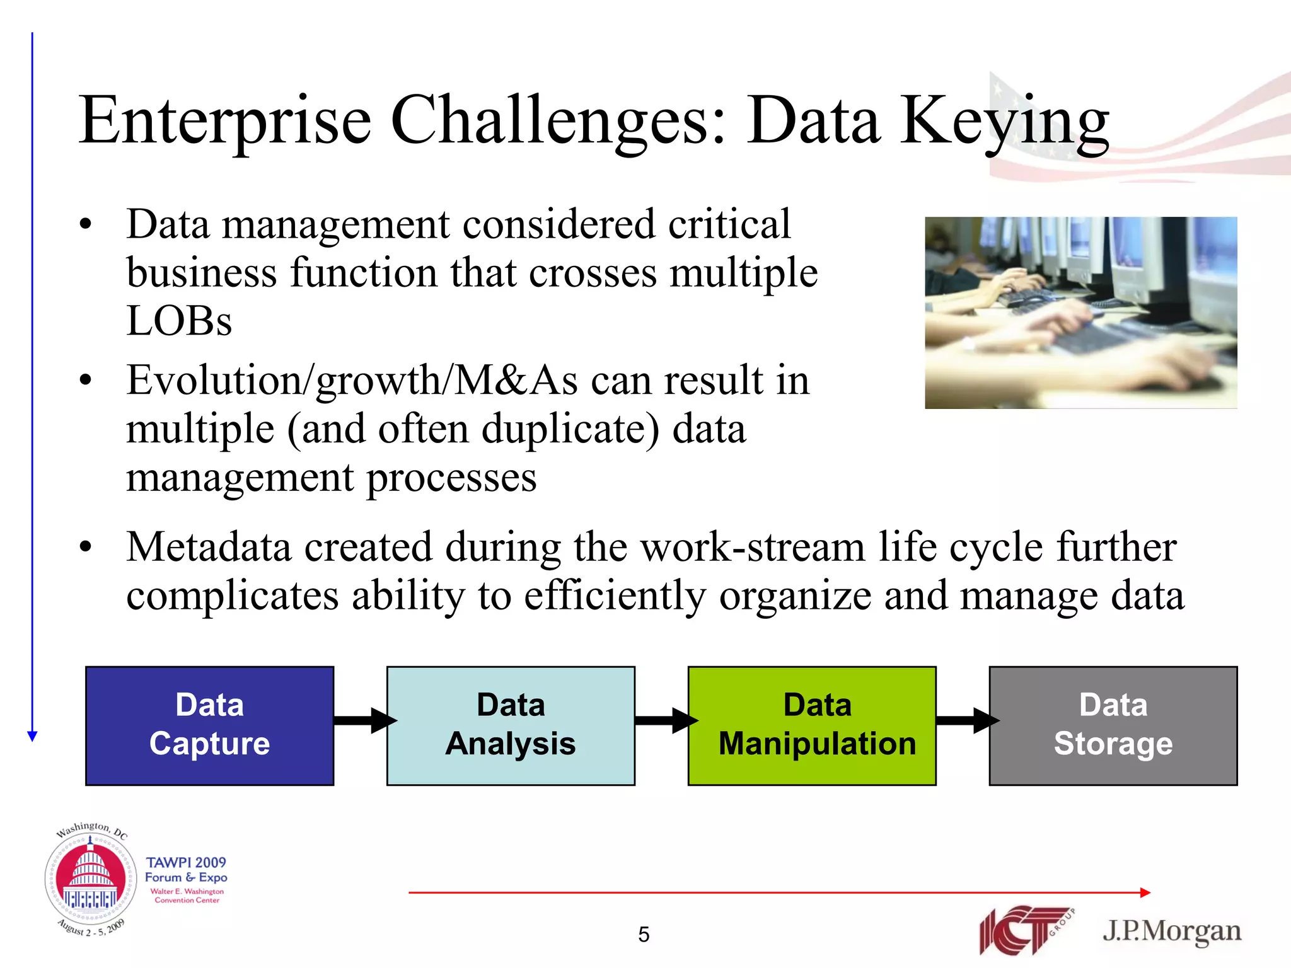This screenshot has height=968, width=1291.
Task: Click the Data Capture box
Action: click(x=209, y=725)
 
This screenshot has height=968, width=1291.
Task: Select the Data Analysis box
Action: click(x=511, y=725)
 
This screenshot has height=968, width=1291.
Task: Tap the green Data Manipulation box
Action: click(x=812, y=725)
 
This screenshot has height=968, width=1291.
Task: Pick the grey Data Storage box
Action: click(x=1113, y=725)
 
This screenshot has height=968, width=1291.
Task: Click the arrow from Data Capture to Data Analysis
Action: click(x=362, y=720)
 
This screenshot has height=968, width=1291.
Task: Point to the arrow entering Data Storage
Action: click(x=965, y=720)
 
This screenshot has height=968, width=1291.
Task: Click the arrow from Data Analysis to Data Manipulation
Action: click(x=664, y=720)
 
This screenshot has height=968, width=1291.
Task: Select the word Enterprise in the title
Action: click(x=225, y=121)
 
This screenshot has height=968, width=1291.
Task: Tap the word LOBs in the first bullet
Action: click(x=179, y=321)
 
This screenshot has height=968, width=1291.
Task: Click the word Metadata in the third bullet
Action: click(x=209, y=546)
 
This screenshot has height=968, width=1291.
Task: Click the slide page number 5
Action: click(x=644, y=934)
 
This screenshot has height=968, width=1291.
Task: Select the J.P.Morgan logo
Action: click(x=1171, y=931)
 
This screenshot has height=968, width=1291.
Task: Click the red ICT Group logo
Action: click(x=1024, y=929)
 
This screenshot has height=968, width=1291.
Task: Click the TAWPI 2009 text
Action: click(x=186, y=862)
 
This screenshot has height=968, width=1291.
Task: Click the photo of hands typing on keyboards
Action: click(x=1080, y=313)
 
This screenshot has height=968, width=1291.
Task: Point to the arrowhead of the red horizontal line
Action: click(x=1145, y=892)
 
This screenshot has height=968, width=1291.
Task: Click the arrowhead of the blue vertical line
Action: click(x=33, y=735)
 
